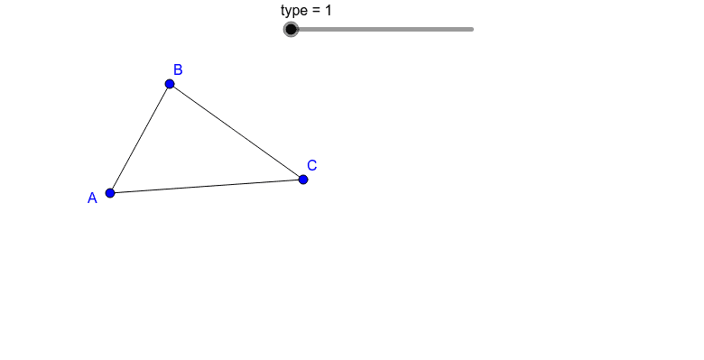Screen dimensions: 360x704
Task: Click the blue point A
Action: click(110, 192)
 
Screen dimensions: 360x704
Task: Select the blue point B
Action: click(170, 84)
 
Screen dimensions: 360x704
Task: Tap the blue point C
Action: click(303, 180)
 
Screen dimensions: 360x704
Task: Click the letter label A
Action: click(92, 198)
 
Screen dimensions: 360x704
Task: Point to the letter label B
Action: click(178, 69)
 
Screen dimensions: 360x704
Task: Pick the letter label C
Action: click(311, 165)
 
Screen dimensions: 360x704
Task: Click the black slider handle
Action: click(291, 29)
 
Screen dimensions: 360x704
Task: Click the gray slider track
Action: click(388, 29)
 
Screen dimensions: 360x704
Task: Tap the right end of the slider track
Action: click(472, 29)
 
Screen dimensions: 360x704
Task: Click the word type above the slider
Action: click(294, 11)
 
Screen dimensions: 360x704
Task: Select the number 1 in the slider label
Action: click(329, 11)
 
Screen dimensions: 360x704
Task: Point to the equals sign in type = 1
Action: click(316, 11)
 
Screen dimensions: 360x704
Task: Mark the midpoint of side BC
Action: click(236, 132)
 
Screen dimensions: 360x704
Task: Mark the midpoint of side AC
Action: click(207, 186)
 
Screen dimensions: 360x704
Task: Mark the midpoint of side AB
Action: click(140, 138)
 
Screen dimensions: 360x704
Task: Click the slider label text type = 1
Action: click(307, 11)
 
